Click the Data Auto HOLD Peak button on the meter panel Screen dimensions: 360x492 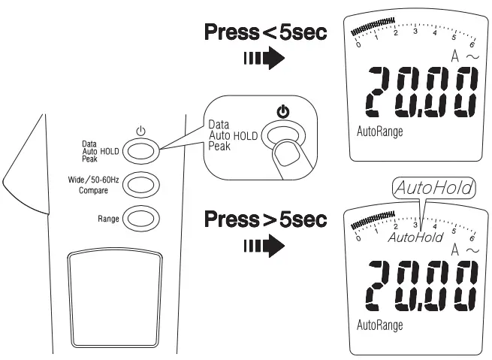click(x=137, y=150)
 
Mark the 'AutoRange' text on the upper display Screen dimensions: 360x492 click(x=379, y=131)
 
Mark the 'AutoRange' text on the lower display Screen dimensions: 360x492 click(x=379, y=325)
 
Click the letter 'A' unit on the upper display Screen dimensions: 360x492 click(x=455, y=55)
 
